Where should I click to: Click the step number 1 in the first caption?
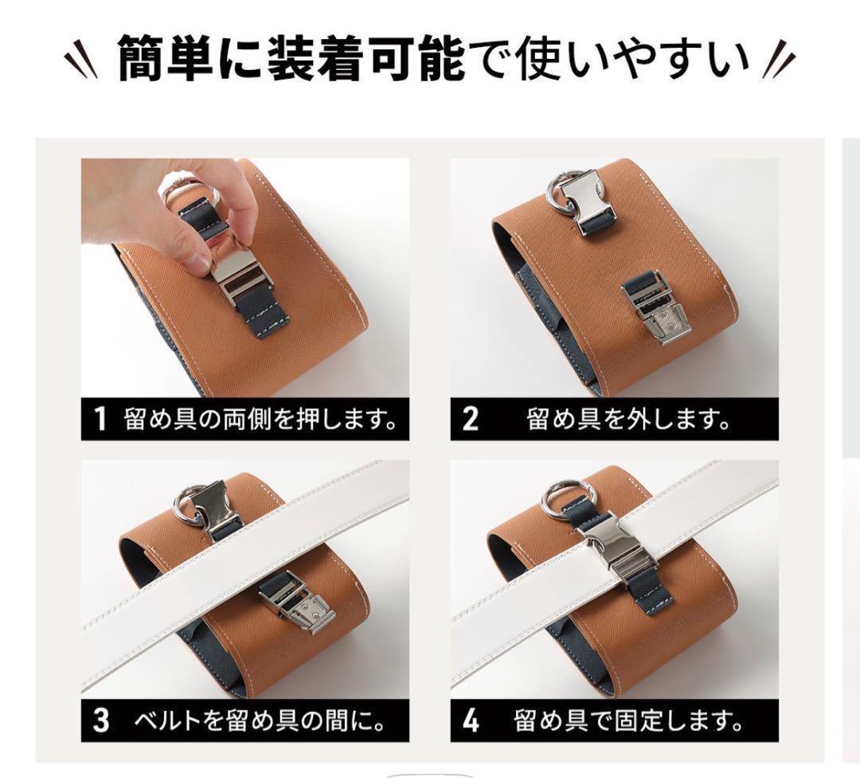pos(100,419)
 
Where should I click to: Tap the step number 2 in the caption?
pos(471,419)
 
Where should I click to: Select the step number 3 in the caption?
pos(101,720)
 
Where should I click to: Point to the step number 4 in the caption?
pos(471,720)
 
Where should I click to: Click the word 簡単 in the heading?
pos(165,57)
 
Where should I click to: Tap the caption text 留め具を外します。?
pos(628,419)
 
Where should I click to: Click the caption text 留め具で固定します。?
pos(628,721)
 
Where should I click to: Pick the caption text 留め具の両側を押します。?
pos(260,419)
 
